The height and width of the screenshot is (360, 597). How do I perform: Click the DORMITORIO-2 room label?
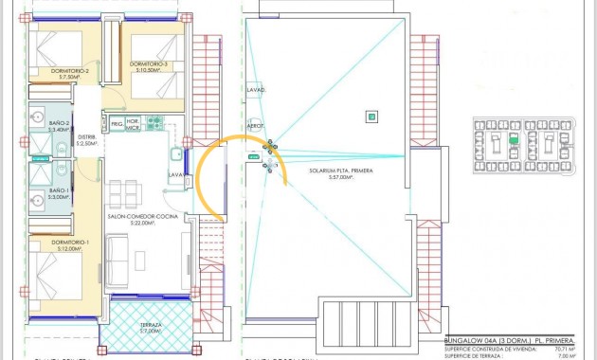point(70,72)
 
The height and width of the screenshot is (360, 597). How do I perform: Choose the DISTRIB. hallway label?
point(87,138)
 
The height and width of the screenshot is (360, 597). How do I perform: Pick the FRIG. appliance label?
point(117,124)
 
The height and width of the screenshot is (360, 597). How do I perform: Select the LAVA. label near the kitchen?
point(176,175)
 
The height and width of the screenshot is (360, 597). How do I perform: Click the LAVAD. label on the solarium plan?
point(256,91)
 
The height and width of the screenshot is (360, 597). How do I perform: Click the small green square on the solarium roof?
point(373,117)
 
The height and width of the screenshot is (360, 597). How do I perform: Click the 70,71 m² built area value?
point(560,349)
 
